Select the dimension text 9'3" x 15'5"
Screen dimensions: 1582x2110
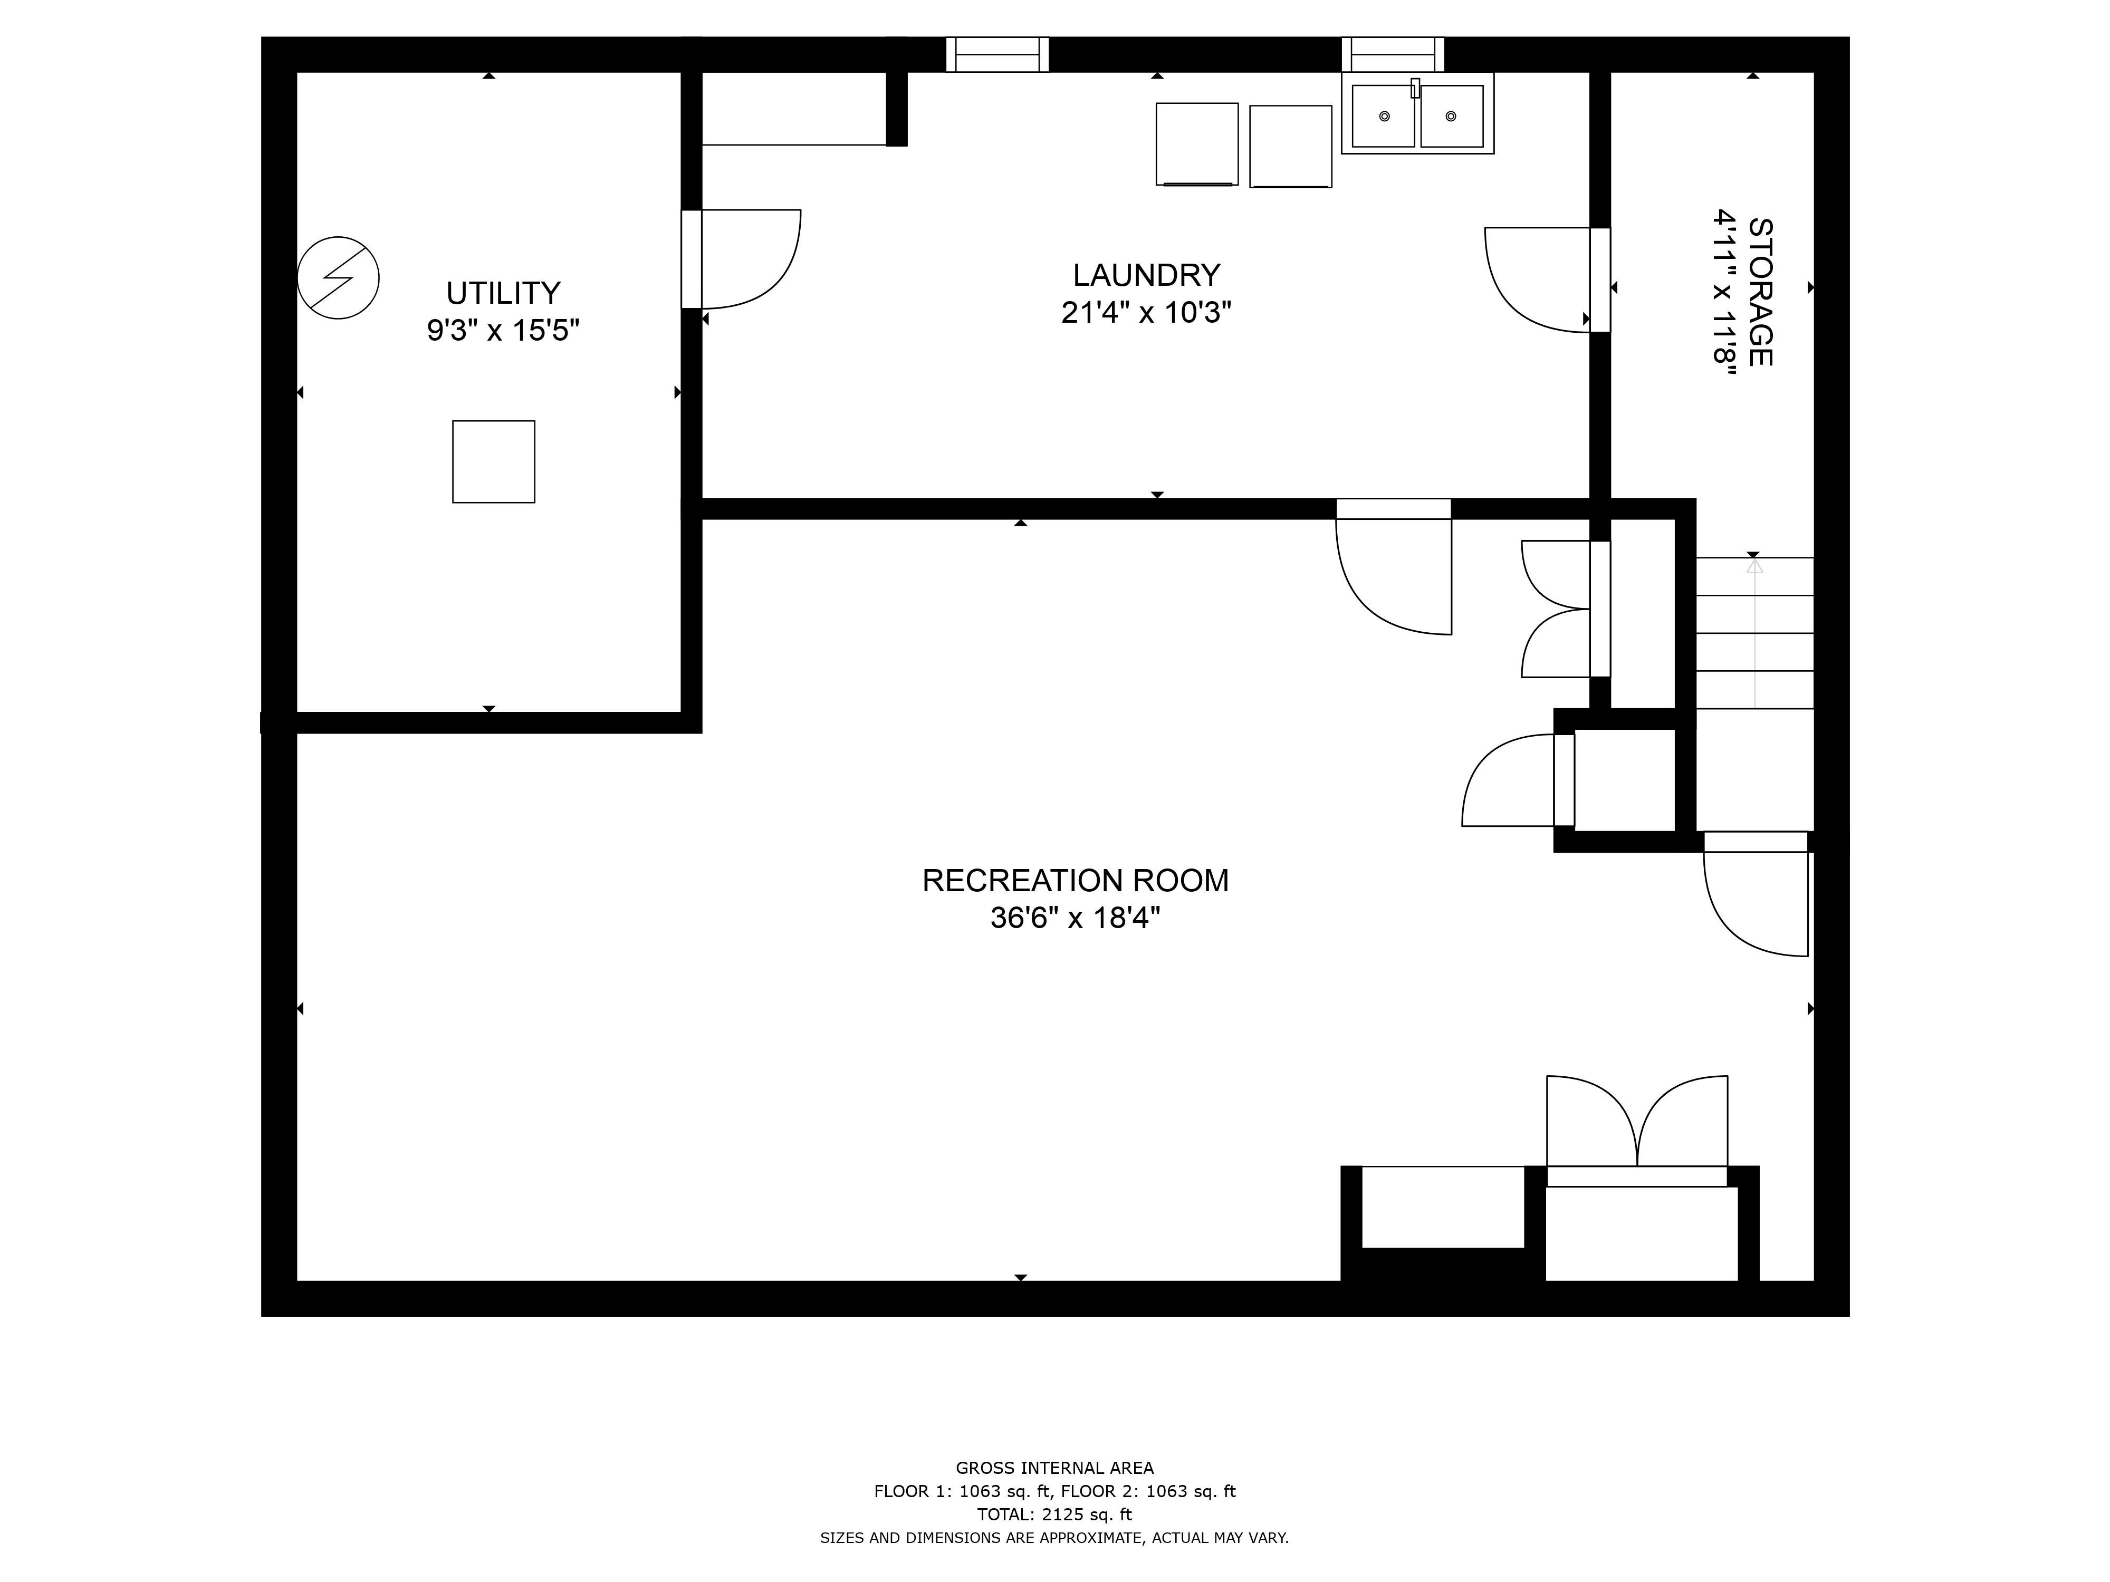point(503,331)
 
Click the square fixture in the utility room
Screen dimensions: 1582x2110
point(493,461)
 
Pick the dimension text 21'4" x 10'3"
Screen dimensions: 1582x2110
point(1146,313)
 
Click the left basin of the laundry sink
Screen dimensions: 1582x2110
point(1383,117)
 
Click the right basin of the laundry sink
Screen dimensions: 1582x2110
point(1451,117)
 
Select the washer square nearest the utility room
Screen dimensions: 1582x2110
point(1196,144)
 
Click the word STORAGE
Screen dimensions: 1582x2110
point(1760,292)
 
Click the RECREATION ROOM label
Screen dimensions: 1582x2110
point(1075,880)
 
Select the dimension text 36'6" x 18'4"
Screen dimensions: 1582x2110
point(1075,918)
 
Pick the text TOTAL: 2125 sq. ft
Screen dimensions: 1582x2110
point(1054,1515)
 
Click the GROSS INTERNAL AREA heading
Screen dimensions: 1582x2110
point(1054,1469)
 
